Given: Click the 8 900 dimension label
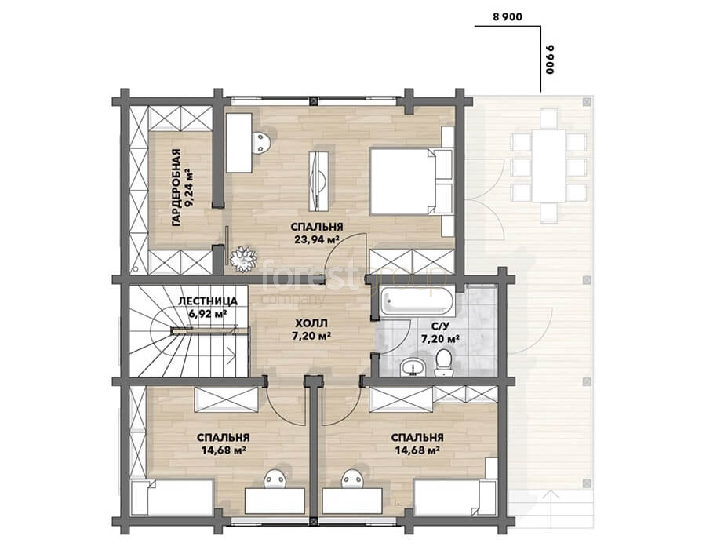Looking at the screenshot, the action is click(x=508, y=17).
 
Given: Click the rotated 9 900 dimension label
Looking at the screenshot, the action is click(x=549, y=59).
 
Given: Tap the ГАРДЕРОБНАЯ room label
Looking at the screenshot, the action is click(x=176, y=187).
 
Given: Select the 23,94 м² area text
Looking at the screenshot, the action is click(x=317, y=239).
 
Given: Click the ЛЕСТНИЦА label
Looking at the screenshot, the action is click(x=208, y=301).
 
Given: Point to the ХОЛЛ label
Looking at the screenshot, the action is click(x=311, y=323).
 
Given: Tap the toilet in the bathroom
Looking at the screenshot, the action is click(x=443, y=363).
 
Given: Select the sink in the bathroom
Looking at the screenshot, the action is click(x=413, y=366).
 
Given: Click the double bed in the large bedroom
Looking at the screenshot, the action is click(x=410, y=180).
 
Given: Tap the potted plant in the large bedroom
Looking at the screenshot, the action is click(x=243, y=258).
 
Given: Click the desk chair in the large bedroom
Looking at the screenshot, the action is click(x=261, y=142).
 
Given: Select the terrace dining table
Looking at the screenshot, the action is click(x=548, y=166).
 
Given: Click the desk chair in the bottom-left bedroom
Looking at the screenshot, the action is click(x=275, y=479).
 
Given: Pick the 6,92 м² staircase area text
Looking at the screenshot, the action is click(x=208, y=313).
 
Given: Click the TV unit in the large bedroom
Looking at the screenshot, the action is click(x=318, y=180).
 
